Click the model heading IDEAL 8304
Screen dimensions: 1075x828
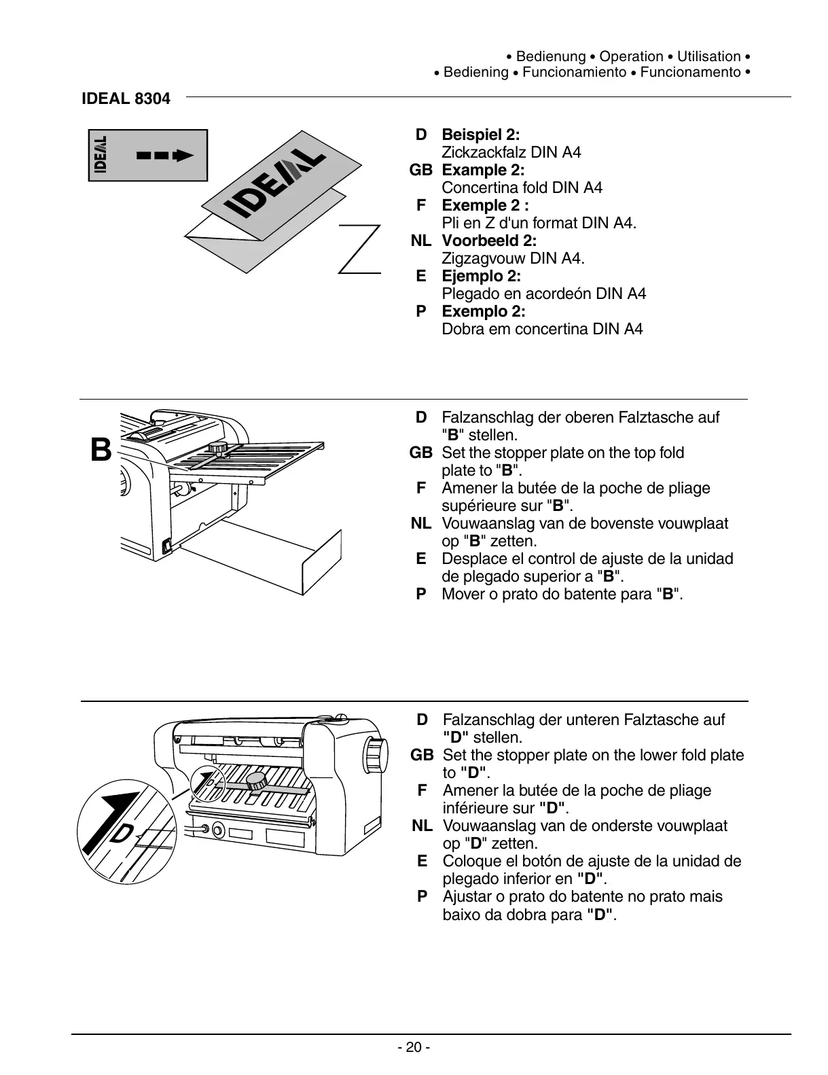pos(126,99)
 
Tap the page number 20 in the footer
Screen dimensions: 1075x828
pos(413,1047)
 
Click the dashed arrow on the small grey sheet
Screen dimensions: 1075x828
pos(165,156)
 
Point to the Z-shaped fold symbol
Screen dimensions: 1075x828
pos(360,249)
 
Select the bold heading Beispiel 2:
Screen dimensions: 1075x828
pos(481,135)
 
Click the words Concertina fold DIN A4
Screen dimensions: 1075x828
pos(522,188)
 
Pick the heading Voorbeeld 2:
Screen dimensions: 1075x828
pos(489,241)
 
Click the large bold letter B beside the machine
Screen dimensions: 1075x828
pos(101,450)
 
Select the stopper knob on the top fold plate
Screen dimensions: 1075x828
pos(218,448)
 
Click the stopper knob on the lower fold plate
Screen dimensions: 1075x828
pos(257,782)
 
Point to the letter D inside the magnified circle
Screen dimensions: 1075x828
pos(122,832)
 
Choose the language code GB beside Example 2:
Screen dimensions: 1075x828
pos(420,170)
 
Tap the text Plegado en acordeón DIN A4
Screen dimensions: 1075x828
pos(543,294)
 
